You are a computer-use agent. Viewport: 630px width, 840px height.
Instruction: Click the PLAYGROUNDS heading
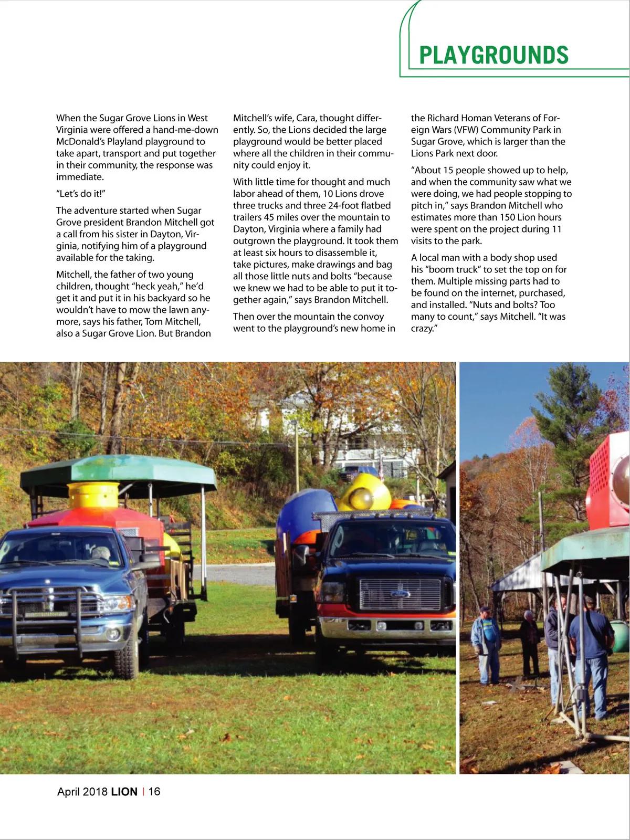point(493,55)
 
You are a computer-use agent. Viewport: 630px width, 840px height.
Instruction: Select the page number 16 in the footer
point(154,792)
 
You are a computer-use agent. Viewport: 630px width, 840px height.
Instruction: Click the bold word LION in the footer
point(124,792)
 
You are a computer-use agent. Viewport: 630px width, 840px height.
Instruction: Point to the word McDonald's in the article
point(80,142)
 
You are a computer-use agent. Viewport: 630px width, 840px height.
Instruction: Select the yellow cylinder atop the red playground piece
point(94,495)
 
